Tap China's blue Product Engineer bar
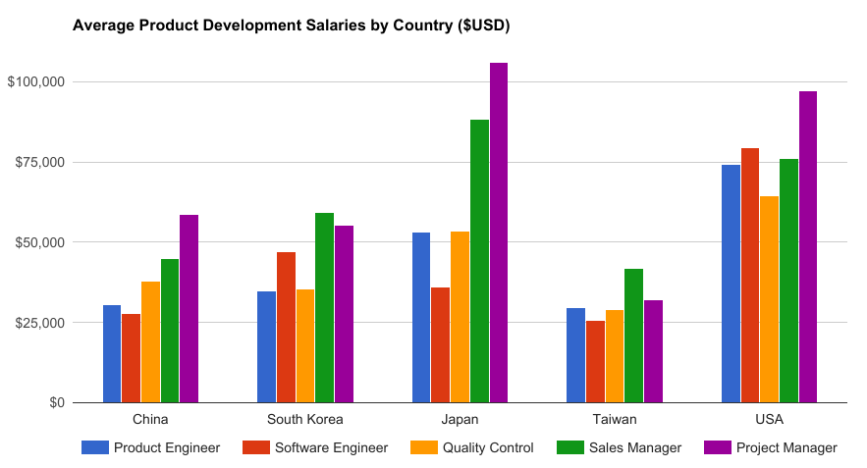(x=112, y=354)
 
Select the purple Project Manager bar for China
(x=190, y=309)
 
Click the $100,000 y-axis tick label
(x=35, y=81)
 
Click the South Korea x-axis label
(x=305, y=420)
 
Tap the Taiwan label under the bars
(x=615, y=420)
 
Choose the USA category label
(x=770, y=420)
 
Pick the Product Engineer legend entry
(x=166, y=448)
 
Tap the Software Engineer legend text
(x=331, y=448)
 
